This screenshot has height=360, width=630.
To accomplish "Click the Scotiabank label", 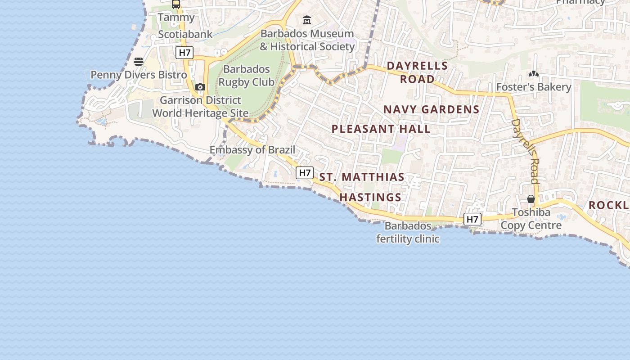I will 185,34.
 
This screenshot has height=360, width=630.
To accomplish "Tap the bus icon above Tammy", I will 176,4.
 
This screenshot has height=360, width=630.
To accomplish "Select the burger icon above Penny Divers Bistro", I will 139,62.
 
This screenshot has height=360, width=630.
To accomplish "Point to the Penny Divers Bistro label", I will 139,75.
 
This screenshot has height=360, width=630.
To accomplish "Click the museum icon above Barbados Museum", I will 307,20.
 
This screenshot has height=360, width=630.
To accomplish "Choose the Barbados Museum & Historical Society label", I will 307,40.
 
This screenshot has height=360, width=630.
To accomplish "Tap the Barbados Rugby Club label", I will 246,76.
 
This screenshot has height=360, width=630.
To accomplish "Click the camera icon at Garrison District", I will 200,87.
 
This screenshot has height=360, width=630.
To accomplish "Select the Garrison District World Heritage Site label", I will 200,106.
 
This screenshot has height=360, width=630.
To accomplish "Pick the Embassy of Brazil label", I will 252,150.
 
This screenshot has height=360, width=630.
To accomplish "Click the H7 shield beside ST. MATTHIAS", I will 305,172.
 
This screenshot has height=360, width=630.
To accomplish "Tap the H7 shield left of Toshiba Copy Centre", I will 472,219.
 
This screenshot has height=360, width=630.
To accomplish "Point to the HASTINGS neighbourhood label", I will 370,197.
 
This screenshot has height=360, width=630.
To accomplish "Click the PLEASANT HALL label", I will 381,129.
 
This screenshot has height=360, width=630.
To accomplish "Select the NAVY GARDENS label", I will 431,109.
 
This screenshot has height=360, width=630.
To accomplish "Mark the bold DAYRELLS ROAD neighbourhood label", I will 418,72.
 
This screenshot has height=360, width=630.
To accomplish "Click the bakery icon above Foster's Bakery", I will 533,74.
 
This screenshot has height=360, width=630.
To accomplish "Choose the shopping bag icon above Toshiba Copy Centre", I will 531,199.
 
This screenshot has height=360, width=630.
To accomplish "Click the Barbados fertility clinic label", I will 408,232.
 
